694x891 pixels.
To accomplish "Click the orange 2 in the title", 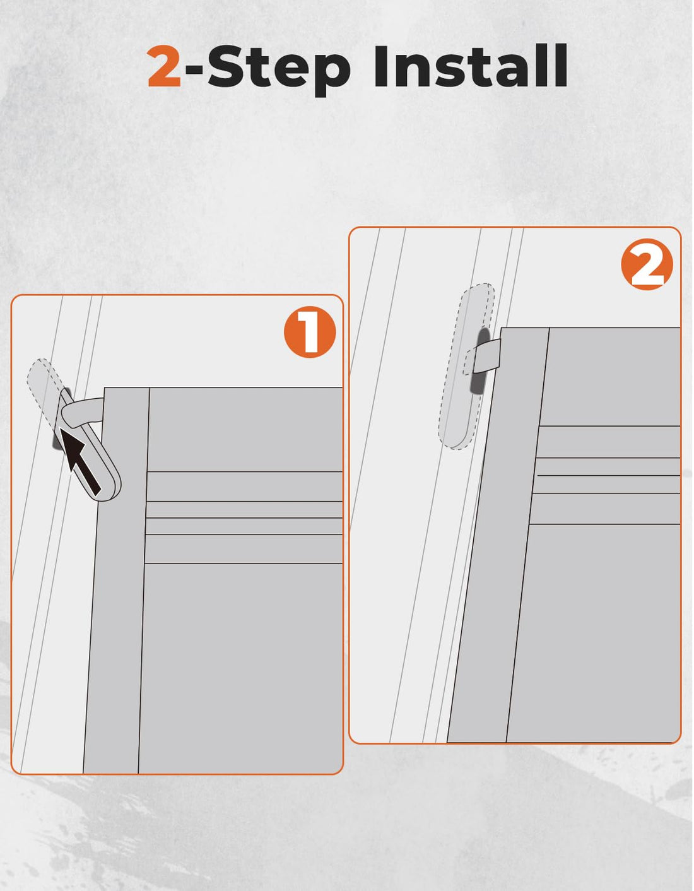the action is (164, 66).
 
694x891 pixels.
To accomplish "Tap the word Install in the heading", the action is (471, 66).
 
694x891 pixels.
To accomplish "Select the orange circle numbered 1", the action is (310, 332).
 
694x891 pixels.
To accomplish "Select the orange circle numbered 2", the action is (647, 264).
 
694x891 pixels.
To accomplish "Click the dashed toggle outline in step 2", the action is (467, 366).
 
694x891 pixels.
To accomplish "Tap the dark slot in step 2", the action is (480, 360).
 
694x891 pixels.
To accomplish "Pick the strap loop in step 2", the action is (483, 356).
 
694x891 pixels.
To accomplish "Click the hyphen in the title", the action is (194, 69).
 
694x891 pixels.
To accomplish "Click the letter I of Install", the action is (381, 66).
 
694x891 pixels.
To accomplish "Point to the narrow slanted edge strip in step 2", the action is (498, 534).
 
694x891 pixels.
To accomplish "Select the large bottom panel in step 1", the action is (240, 668).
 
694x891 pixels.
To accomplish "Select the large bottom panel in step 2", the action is (594, 633).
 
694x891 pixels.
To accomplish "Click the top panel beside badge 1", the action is (245, 429).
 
